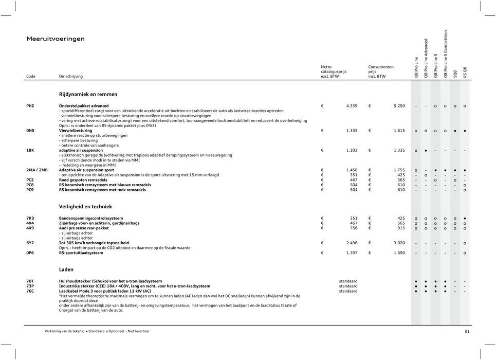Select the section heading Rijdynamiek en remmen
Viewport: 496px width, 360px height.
(x=88, y=95)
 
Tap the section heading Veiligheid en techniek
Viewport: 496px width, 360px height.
(x=84, y=207)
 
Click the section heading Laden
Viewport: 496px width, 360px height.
(x=66, y=269)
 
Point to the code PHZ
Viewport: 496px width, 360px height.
(x=31, y=106)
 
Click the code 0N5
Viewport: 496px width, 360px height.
(x=31, y=131)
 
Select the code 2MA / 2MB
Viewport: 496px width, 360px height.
(x=37, y=170)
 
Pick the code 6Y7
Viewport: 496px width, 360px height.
(x=31, y=243)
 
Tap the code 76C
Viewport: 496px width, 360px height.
(x=31, y=291)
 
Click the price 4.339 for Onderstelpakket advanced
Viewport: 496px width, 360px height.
(x=353, y=106)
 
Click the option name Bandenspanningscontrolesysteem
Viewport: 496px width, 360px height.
(x=91, y=218)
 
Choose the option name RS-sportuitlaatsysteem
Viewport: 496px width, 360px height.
(x=81, y=253)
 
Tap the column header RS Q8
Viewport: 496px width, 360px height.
(x=465, y=72)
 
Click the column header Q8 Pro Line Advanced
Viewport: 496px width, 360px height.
(x=426, y=58)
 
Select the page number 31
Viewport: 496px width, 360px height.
(x=467, y=332)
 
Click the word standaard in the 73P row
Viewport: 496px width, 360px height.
(x=348, y=286)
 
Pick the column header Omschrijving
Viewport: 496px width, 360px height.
(x=71, y=76)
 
